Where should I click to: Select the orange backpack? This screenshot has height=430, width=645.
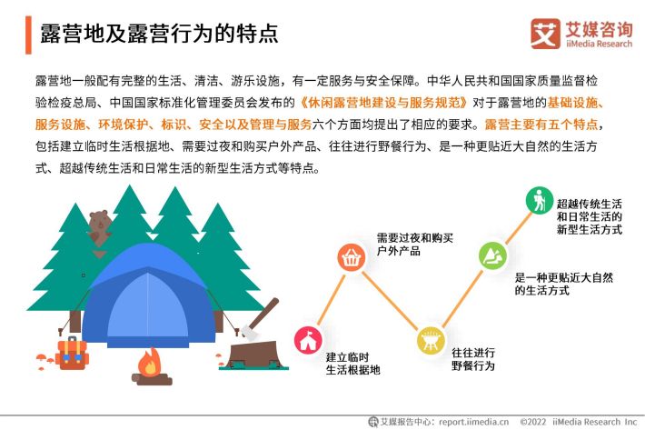(x=72, y=354)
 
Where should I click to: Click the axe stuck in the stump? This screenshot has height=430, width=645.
(x=260, y=319)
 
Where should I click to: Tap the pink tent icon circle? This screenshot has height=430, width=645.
(x=308, y=341)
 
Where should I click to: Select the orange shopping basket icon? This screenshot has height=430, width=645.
(x=351, y=257)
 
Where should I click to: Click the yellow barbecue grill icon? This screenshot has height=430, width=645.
(x=431, y=340)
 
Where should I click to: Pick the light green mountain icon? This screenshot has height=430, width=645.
(x=492, y=255)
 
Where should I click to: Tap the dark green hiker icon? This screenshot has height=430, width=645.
(x=540, y=200)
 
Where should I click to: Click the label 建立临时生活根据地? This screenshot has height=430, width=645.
(x=352, y=364)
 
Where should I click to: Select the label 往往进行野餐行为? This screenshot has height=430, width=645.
(x=473, y=359)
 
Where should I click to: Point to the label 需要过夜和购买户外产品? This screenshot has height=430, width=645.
(x=414, y=245)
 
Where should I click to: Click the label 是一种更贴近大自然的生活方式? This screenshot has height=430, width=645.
(x=563, y=284)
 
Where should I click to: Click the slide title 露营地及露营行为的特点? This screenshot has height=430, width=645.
(x=159, y=34)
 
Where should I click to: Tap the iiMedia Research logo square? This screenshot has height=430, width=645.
(x=545, y=34)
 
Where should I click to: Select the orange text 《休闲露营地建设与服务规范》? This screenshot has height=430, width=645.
(x=383, y=103)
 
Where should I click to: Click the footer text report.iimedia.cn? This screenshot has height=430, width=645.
(x=474, y=422)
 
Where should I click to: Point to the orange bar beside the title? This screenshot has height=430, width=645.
(x=28, y=35)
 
